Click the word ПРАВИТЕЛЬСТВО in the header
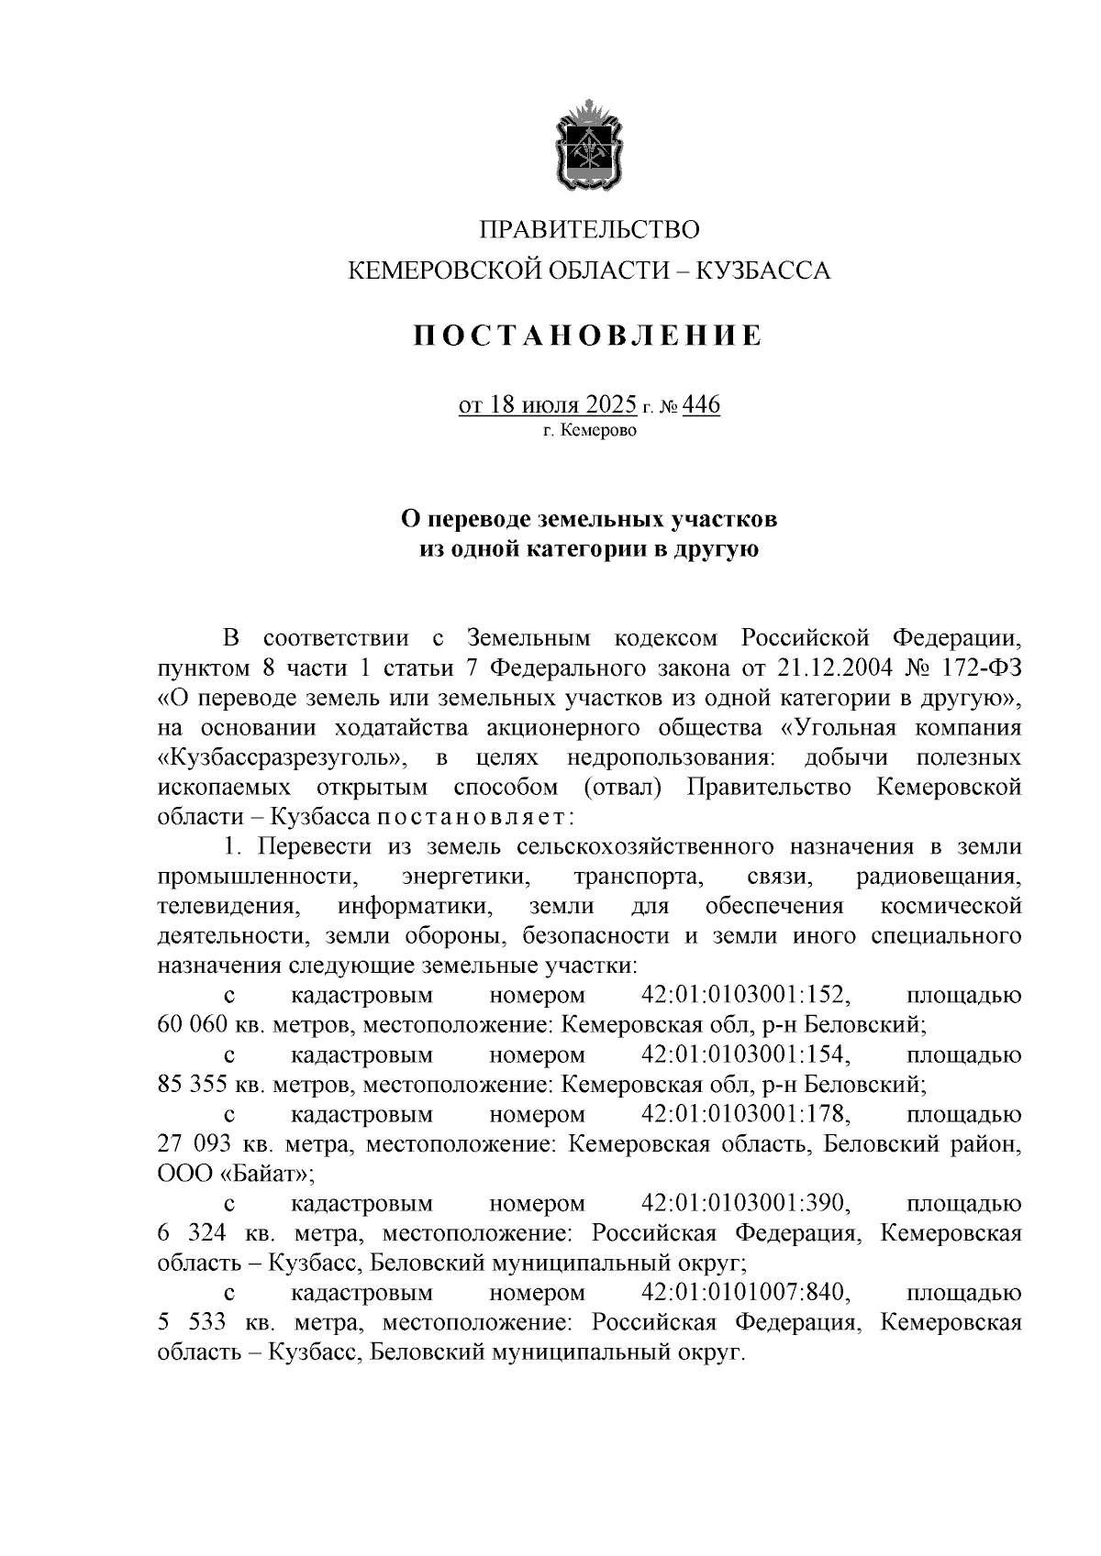click(x=590, y=228)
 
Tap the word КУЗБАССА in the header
click(x=763, y=270)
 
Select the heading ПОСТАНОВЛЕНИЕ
click(x=587, y=337)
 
